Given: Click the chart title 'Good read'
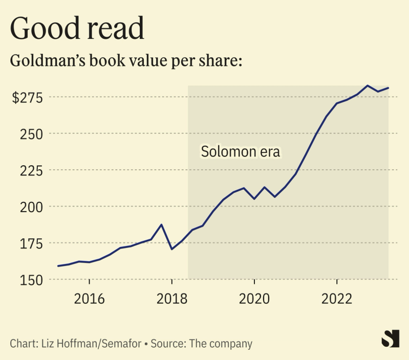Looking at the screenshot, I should pyautogui.click(x=77, y=29).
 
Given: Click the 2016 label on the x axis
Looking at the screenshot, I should pyautogui.click(x=90, y=298).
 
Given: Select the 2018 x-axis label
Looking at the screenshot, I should pyautogui.click(x=172, y=298).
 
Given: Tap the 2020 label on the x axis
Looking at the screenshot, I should pyautogui.click(x=254, y=298).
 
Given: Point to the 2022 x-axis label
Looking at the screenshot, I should pyautogui.click(x=337, y=298).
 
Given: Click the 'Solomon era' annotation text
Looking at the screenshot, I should pyautogui.click(x=241, y=152).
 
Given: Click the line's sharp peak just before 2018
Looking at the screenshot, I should pyautogui.click(x=162, y=224).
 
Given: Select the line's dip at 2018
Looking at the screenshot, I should pyautogui.click(x=172, y=249).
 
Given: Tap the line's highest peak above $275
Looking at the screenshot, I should pyautogui.click(x=368, y=85).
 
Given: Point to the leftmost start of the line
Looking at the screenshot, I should pyautogui.click(x=58, y=266).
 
